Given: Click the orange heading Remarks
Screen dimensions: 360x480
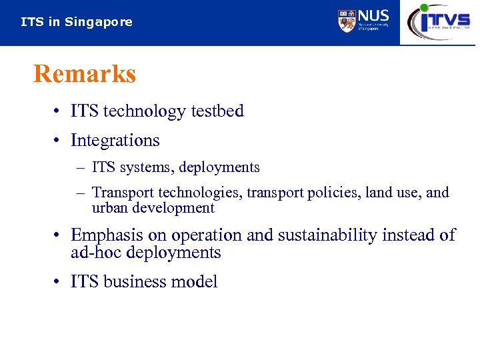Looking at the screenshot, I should pyautogui.click(x=85, y=74).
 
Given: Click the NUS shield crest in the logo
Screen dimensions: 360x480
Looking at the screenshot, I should pyautogui.click(x=346, y=21).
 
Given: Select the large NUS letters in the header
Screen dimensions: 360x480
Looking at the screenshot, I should pyautogui.click(x=373, y=16).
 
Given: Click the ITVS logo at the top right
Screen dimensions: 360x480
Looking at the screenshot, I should pyautogui.click(x=439, y=21).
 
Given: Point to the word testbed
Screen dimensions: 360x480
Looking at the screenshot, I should pyautogui.click(x=217, y=111).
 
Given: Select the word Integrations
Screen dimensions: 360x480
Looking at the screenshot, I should pyautogui.click(x=115, y=141).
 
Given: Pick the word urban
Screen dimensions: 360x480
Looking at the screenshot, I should pyautogui.click(x=110, y=208).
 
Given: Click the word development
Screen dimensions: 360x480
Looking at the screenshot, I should pyautogui.click(x=173, y=208).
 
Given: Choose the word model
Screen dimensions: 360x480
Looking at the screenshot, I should pyautogui.click(x=193, y=282).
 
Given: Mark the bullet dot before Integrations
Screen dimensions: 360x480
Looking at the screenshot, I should pyautogui.click(x=59, y=141).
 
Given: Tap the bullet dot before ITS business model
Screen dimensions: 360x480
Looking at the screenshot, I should pyautogui.click(x=59, y=282).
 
